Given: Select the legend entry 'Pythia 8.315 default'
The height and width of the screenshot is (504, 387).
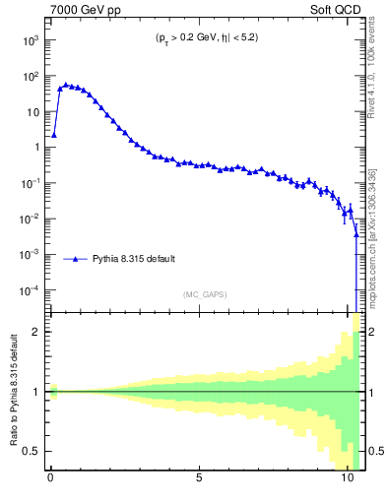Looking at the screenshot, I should click(x=134, y=259).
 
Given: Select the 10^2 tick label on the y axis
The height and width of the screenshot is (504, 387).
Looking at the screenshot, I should click(x=31, y=76).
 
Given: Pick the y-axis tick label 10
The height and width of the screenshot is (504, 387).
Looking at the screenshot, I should click(x=32, y=112).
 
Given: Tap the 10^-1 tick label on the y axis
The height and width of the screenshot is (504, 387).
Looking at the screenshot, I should click(x=31, y=183).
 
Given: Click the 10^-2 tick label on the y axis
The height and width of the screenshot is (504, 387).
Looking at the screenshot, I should click(x=31, y=219).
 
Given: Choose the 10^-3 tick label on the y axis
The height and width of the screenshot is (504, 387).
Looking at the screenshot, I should click(x=31, y=254).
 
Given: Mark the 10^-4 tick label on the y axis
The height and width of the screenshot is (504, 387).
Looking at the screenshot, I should click(x=31, y=290).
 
